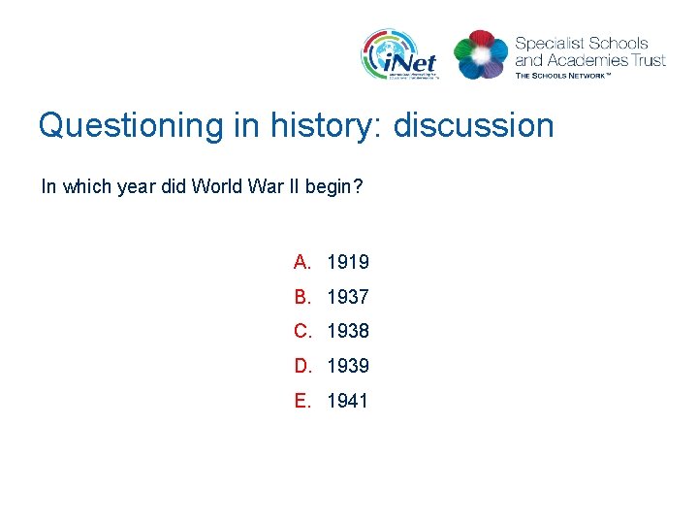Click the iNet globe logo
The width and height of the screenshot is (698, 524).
pyautogui.click(x=398, y=54)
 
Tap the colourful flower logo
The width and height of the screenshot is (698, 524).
pyautogui.click(x=481, y=55)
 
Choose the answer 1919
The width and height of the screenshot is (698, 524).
pyautogui.click(x=348, y=262)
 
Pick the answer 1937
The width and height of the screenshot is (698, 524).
pyautogui.click(x=348, y=297)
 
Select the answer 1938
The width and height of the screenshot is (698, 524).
pyautogui.click(x=348, y=332)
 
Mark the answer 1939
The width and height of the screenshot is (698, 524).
pyautogui.click(x=348, y=367)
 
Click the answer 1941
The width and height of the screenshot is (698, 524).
pyautogui.click(x=348, y=402)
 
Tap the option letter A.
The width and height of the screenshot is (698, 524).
pyautogui.click(x=301, y=262)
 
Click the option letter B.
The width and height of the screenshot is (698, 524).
pyautogui.click(x=301, y=297)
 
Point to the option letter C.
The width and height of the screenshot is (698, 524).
pyautogui.click(x=301, y=332)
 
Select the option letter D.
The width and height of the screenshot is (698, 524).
pyautogui.click(x=301, y=367)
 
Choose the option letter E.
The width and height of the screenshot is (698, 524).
pyautogui.click(x=301, y=402)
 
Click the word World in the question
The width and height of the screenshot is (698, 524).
pyautogui.click(x=214, y=186)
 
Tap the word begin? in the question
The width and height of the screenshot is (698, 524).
pyautogui.click(x=333, y=186)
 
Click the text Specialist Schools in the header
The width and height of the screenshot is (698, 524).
pyautogui.click(x=582, y=44)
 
